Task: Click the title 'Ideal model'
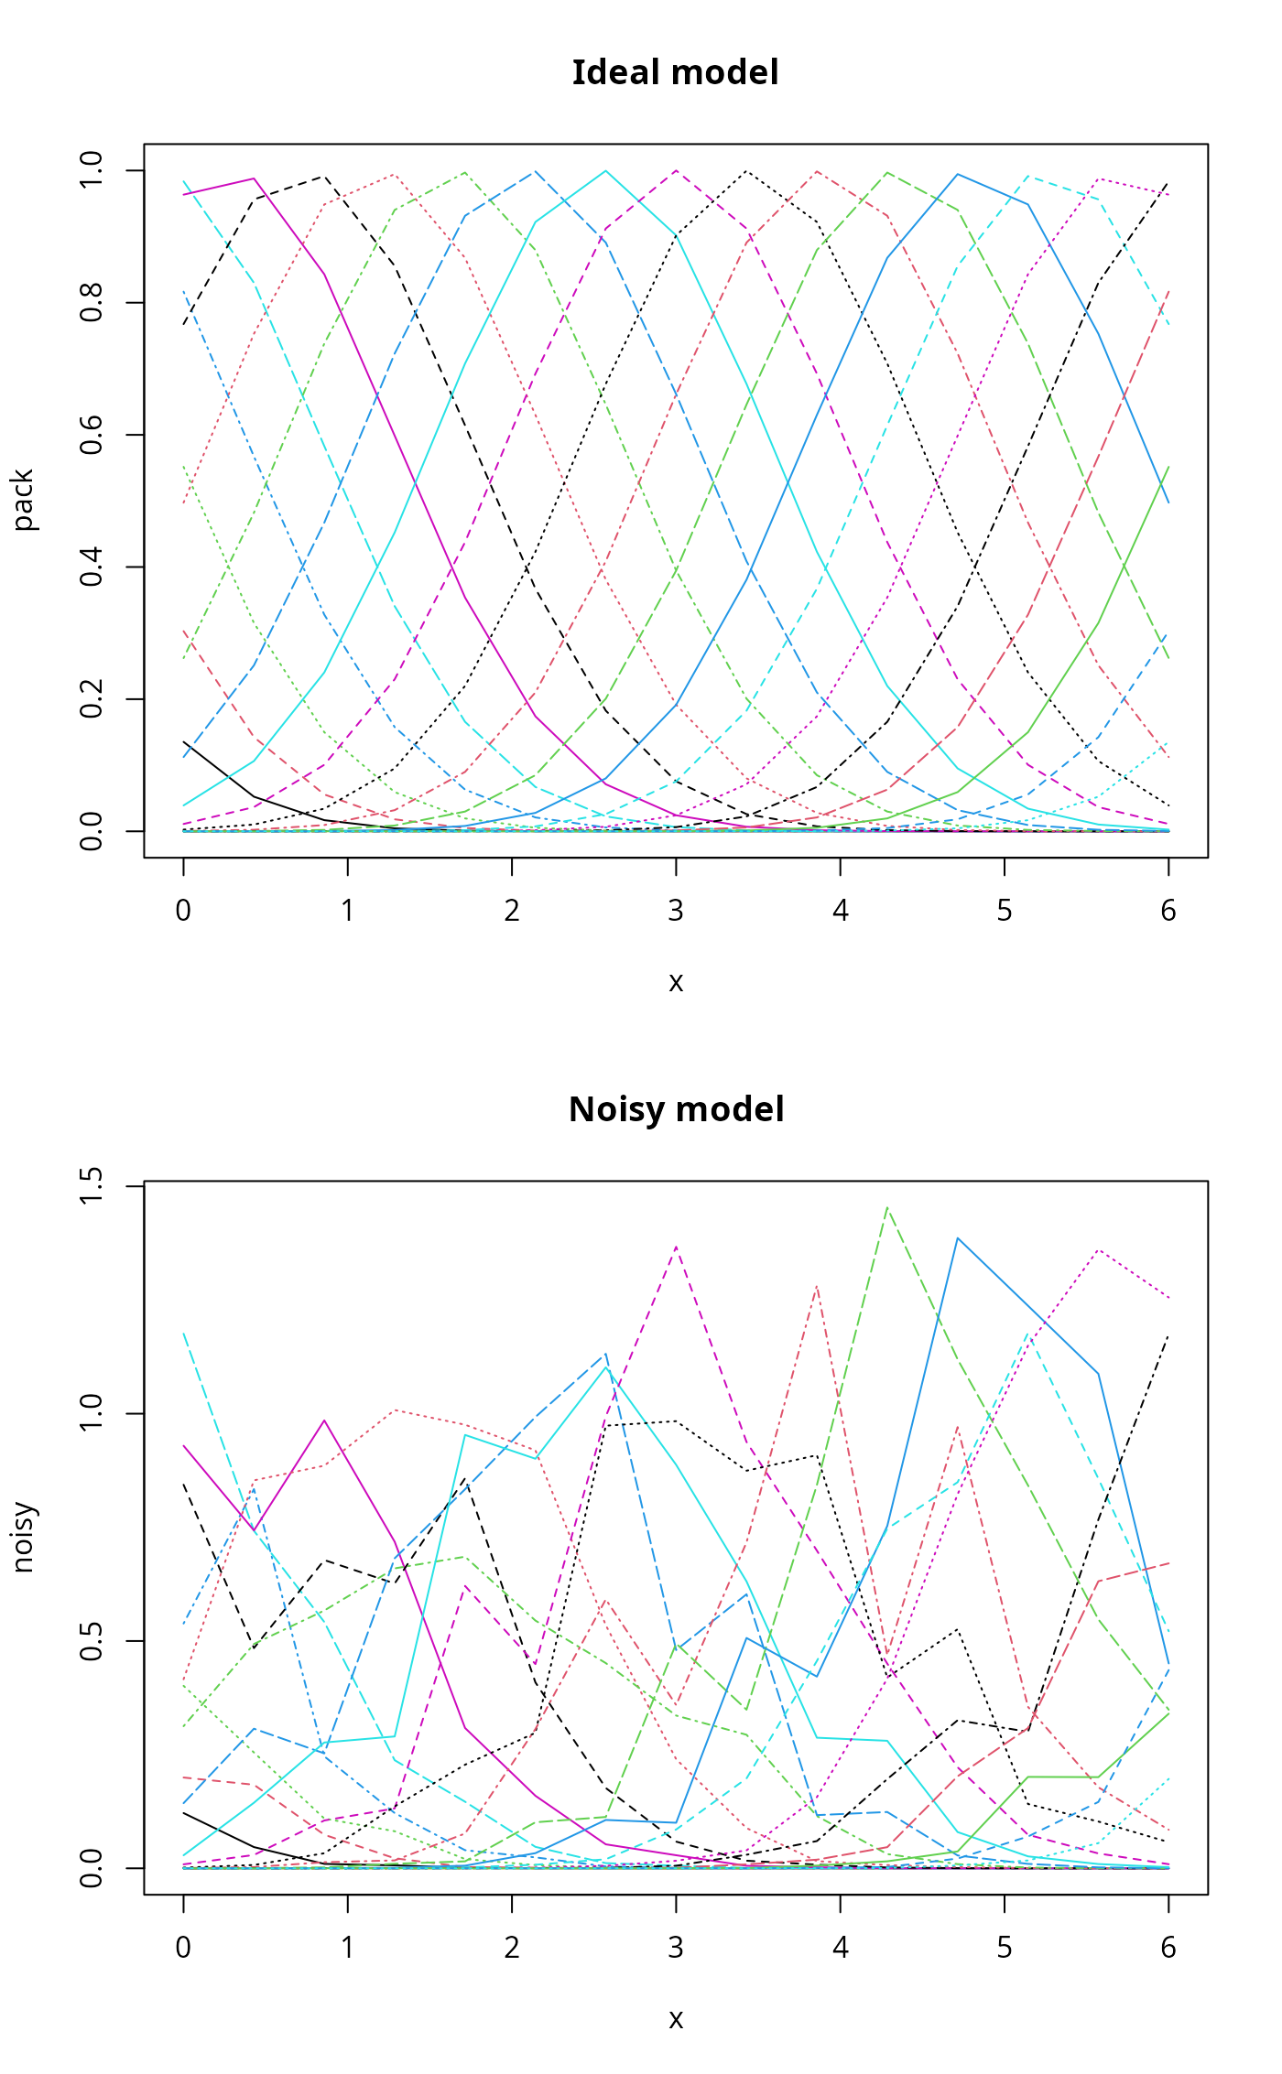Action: coord(675,73)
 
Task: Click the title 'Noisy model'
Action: coord(676,1109)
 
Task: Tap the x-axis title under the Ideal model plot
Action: coord(676,982)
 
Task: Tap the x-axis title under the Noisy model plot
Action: coord(676,2019)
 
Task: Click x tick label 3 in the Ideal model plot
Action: coord(676,911)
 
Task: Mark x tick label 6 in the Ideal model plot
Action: coord(1168,911)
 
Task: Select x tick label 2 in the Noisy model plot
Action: coord(512,1948)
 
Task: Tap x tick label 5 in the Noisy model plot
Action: coord(1005,1948)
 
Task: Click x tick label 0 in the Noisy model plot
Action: coord(183,1948)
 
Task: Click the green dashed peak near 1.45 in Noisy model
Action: coord(886,1208)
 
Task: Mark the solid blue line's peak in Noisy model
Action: coord(958,1238)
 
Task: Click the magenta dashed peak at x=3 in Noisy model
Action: coord(676,1247)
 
